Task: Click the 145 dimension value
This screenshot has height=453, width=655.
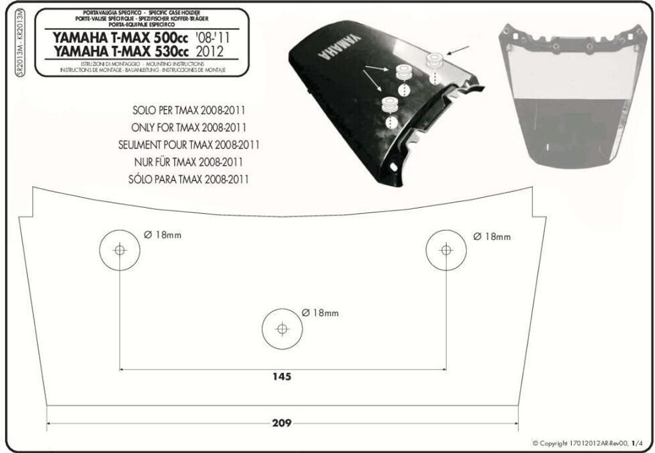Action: pos(281,377)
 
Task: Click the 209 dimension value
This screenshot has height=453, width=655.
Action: pos(281,423)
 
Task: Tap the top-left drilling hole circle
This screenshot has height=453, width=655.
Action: pos(120,250)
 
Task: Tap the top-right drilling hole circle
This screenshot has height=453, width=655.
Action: pos(446,250)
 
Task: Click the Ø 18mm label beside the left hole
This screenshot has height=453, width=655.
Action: pos(162,235)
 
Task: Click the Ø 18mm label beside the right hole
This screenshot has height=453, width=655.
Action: pos(492,237)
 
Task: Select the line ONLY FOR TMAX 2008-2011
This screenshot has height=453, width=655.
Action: pos(189,127)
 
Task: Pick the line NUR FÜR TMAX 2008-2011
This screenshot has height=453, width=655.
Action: pos(191,162)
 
